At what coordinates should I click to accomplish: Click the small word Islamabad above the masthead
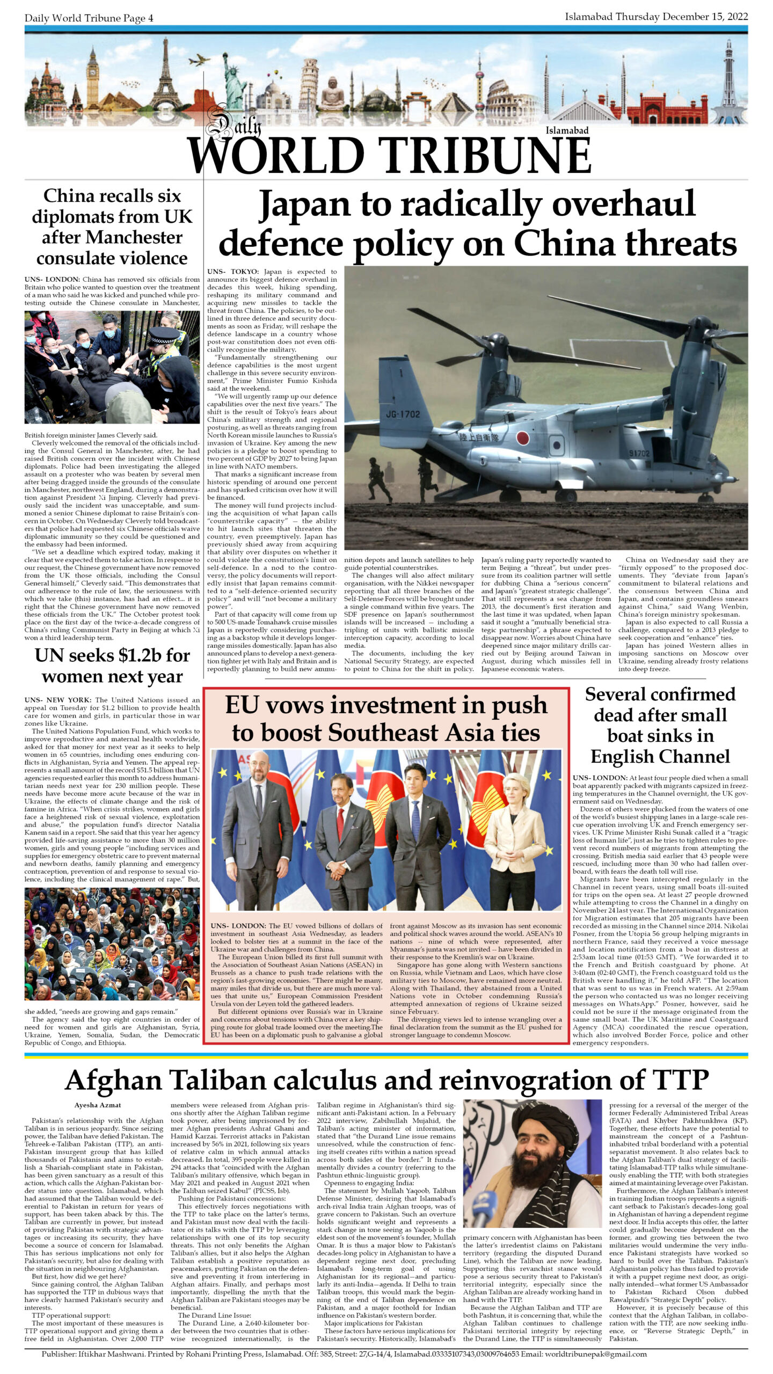click(567, 130)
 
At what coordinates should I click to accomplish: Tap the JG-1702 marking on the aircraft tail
click(403, 414)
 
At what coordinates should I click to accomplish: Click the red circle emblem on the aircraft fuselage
click(522, 438)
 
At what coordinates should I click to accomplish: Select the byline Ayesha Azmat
click(98, 1105)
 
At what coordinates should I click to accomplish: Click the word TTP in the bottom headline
click(680, 1079)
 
